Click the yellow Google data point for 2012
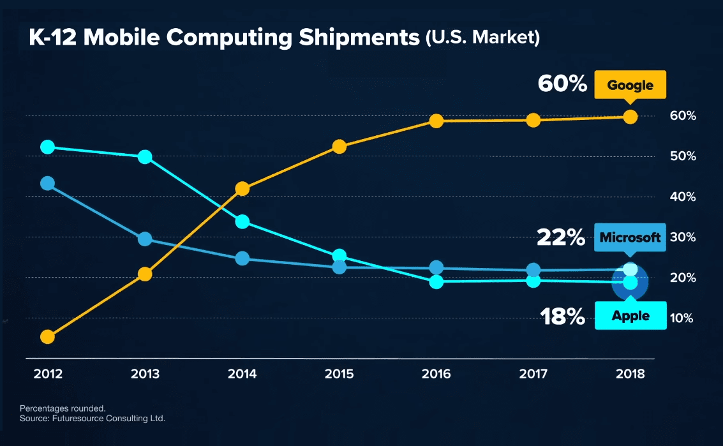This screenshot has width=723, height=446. pyautogui.click(x=47, y=337)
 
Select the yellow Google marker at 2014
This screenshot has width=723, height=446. pyautogui.click(x=242, y=188)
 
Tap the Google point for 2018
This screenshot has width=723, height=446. pyautogui.click(x=630, y=116)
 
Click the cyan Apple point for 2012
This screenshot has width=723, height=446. pyautogui.click(x=47, y=147)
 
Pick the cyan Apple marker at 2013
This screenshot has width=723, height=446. pyautogui.click(x=145, y=157)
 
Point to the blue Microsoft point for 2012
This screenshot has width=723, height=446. pyautogui.click(x=47, y=184)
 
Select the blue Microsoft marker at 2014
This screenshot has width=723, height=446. pyautogui.click(x=242, y=258)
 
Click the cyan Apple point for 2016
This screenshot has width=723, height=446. pyautogui.click(x=436, y=281)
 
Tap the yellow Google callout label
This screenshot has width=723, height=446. pyautogui.click(x=630, y=85)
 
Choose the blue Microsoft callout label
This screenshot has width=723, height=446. pyautogui.click(x=630, y=237)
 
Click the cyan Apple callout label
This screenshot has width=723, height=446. pyautogui.click(x=630, y=316)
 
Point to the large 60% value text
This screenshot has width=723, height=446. pyautogui.click(x=562, y=84)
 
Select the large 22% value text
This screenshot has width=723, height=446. pyautogui.click(x=561, y=238)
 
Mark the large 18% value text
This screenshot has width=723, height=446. pyautogui.click(x=562, y=316)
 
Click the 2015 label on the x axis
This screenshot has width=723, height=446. pyautogui.click(x=339, y=374)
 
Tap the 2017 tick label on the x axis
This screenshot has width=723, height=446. pyautogui.click(x=533, y=374)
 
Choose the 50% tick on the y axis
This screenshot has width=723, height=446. pyautogui.click(x=683, y=157)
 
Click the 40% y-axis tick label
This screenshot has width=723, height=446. pyautogui.click(x=683, y=197)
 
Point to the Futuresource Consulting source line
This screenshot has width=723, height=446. pyautogui.click(x=93, y=419)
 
